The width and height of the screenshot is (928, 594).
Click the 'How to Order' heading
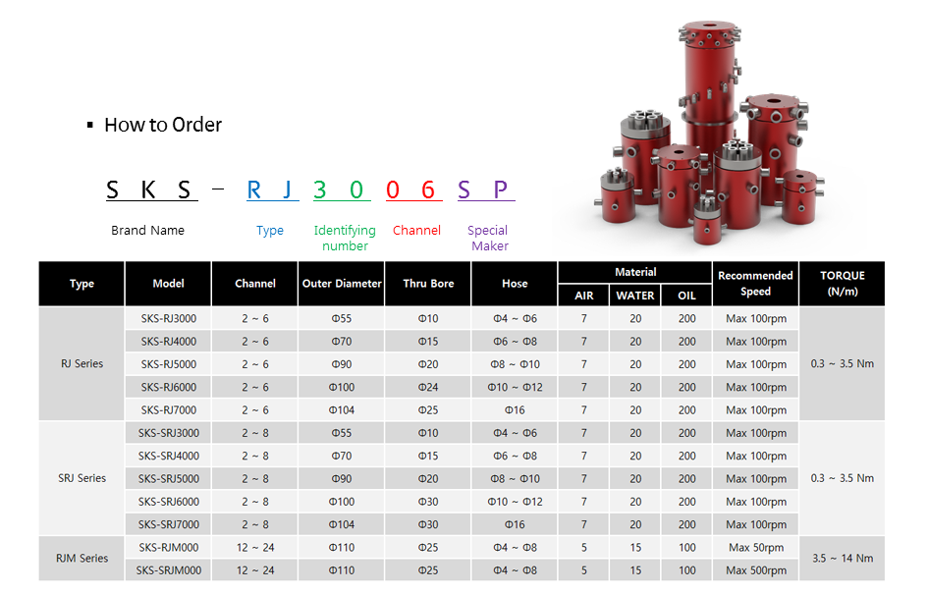[163, 125]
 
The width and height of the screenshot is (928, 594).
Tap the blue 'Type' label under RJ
[270, 230]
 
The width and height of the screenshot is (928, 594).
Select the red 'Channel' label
[416, 230]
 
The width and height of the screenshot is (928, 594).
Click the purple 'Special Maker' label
[488, 238]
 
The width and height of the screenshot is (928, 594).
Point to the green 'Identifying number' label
[345, 238]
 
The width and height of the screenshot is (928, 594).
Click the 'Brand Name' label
[148, 230]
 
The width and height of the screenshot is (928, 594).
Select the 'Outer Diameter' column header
[342, 284]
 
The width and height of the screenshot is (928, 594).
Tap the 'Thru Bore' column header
[428, 284]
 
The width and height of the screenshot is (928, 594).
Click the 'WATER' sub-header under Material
[635, 296]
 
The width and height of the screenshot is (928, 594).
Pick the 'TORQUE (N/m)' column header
[843, 284]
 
